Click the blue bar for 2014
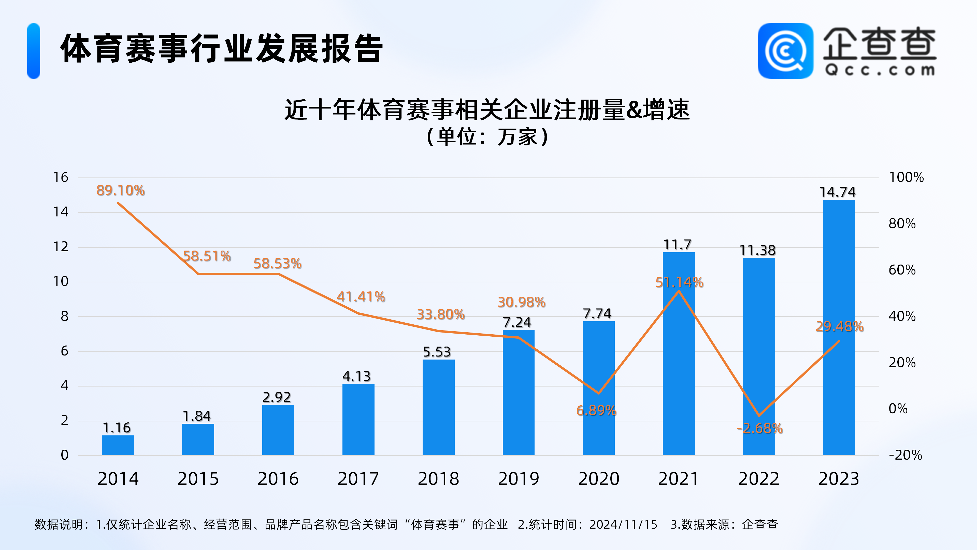[x=118, y=445]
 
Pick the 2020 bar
[x=598, y=388]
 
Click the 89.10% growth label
[x=121, y=190]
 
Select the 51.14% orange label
[x=679, y=282]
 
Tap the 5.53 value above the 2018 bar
[x=437, y=352]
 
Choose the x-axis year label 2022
[x=758, y=479]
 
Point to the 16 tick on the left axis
[x=61, y=177]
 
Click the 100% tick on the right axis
[x=906, y=177]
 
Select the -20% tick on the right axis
[x=905, y=455]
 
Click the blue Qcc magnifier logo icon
[x=785, y=51]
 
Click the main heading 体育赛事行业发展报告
[x=222, y=49]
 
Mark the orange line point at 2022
[x=758, y=415]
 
